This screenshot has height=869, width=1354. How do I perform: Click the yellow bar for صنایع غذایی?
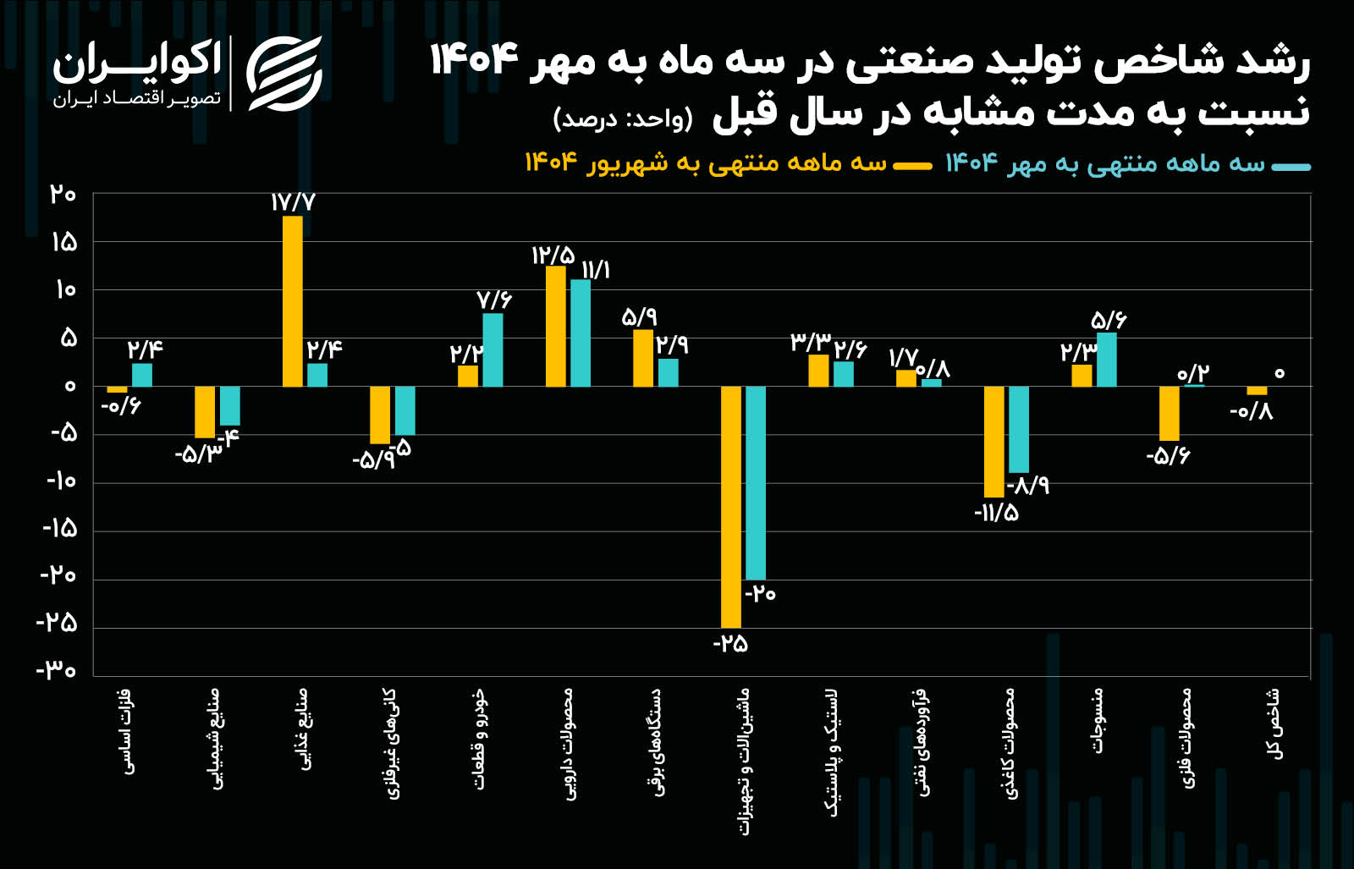292,301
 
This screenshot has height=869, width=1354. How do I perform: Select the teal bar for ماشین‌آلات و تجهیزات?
756,482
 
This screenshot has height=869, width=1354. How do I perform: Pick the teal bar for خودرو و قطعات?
493,349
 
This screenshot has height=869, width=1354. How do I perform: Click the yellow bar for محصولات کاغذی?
993,441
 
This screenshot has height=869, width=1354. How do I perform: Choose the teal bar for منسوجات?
1106,360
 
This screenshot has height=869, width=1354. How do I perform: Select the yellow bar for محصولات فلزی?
1169,413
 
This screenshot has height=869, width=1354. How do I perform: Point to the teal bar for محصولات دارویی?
581,333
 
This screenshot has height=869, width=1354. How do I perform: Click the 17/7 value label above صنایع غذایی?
293,202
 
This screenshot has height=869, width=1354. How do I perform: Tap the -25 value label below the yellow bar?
730,644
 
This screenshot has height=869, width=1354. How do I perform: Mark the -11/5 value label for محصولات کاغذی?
996,513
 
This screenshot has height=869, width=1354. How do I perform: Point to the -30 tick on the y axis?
57,671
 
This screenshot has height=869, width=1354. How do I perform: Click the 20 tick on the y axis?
63,195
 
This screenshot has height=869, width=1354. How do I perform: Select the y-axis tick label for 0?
69,386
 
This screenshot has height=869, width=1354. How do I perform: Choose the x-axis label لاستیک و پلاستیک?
834,751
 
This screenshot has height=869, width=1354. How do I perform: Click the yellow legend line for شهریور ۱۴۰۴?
912,166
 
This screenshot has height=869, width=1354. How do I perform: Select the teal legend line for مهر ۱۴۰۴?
1291,167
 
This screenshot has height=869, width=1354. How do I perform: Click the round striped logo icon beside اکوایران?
284,74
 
